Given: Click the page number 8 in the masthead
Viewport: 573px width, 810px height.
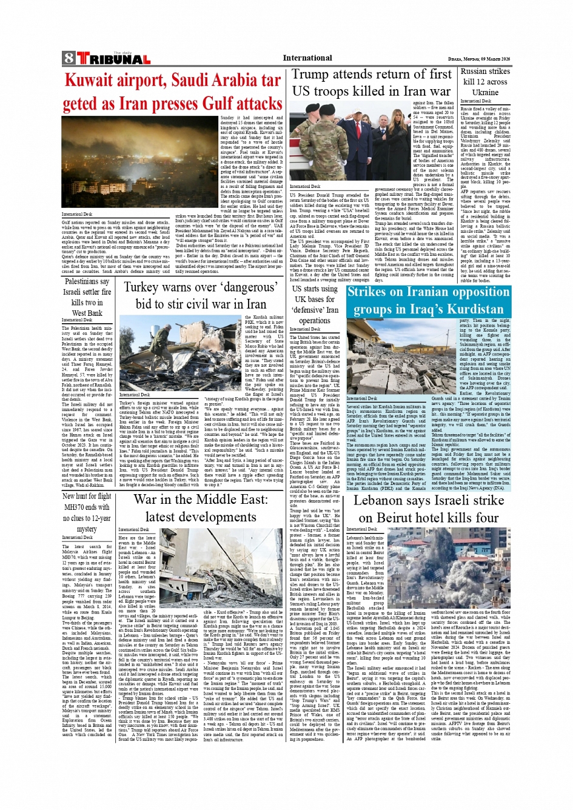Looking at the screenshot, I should click(68, 58).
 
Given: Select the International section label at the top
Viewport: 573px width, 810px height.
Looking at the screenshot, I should click(307, 58).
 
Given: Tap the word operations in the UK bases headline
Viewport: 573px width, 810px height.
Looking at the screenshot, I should click(315, 320).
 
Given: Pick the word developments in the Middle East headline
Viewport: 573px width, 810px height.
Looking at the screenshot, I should click(201, 517).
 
